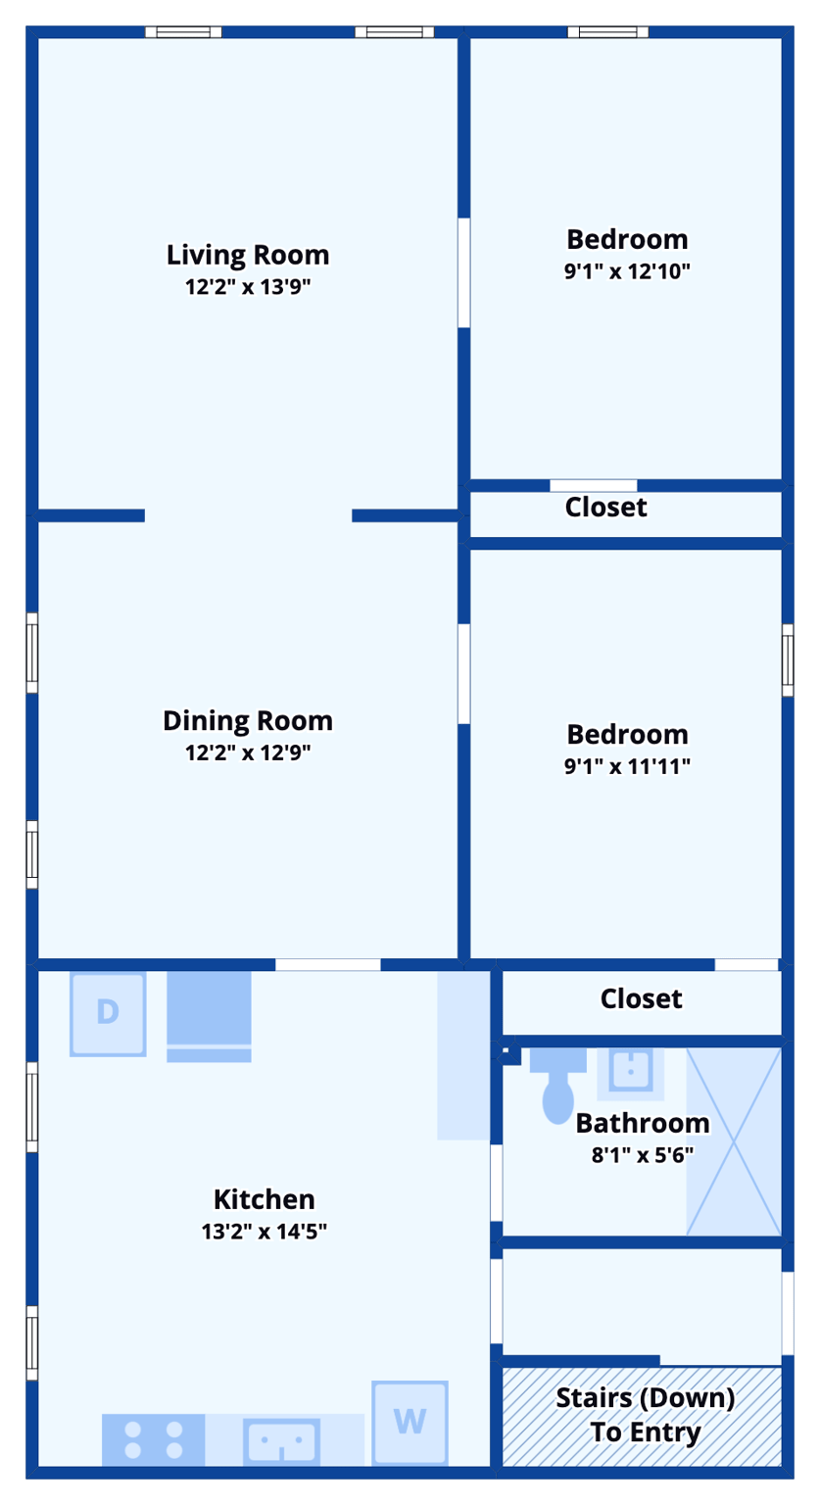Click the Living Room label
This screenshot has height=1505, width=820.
click(248, 255)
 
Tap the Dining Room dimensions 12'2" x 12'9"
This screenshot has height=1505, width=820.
click(248, 752)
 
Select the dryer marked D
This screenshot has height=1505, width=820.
click(108, 1013)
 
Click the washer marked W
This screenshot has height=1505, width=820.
click(410, 1422)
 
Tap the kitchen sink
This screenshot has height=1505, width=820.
click(282, 1441)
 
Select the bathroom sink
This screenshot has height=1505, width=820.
click(631, 1071)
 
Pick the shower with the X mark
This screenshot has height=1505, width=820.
click(734, 1141)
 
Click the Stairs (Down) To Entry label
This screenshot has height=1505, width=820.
click(645, 1415)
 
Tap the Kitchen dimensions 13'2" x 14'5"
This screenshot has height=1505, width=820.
click(264, 1231)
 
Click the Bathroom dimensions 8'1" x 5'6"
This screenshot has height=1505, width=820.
click(643, 1154)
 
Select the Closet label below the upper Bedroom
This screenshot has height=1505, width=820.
click(606, 508)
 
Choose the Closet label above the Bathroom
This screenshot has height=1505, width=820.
click(641, 998)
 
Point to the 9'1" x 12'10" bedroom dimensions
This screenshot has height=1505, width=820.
click(627, 271)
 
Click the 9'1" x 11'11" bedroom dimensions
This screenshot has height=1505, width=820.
click(627, 766)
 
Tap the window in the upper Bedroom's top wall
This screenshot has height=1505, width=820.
click(607, 32)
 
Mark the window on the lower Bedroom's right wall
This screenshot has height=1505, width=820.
click(788, 659)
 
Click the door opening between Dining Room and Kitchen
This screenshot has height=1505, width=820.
click(327, 965)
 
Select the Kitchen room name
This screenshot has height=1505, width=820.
click(264, 1199)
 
